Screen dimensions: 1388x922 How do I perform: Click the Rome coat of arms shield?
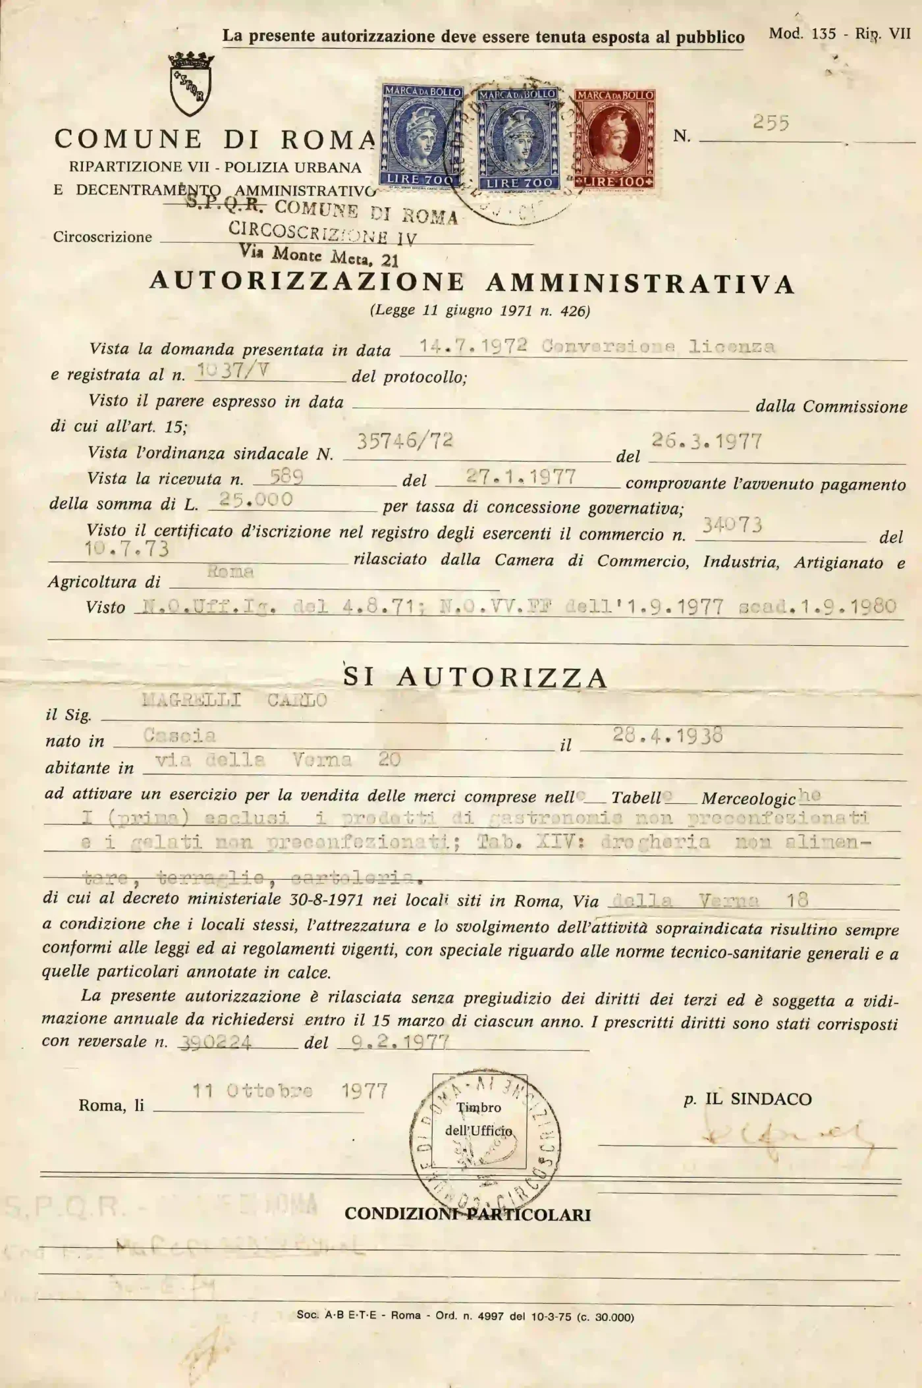(x=190, y=84)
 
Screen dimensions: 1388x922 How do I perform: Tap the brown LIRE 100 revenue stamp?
(x=614, y=140)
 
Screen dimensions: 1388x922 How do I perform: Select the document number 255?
(x=771, y=122)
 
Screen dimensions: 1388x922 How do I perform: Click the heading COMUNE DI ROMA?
(x=215, y=139)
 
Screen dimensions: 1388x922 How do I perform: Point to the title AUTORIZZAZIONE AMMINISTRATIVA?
(x=472, y=282)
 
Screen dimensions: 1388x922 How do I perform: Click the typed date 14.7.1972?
(x=474, y=346)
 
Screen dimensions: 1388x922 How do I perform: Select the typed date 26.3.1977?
(x=707, y=440)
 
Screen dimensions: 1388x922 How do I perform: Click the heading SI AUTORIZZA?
(x=475, y=677)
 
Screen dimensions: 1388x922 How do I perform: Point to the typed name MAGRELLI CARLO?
(x=234, y=700)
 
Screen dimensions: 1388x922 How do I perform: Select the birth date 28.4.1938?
(x=667, y=735)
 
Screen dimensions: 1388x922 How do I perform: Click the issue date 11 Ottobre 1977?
(x=290, y=1091)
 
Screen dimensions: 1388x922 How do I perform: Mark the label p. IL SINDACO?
(x=747, y=1098)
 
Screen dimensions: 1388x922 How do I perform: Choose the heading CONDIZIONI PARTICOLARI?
(x=468, y=1214)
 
